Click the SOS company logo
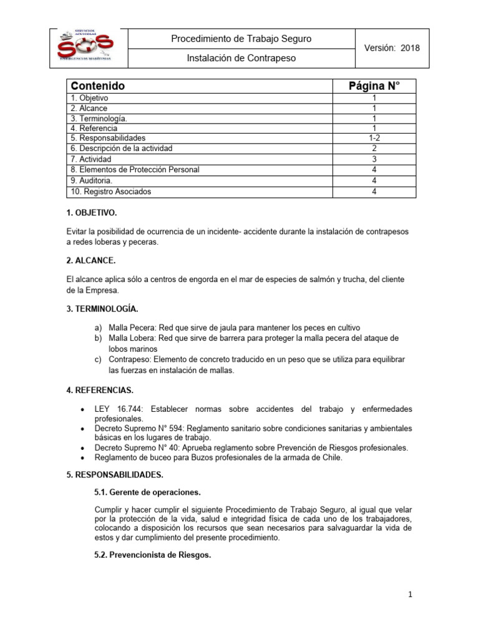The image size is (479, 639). click(85, 48)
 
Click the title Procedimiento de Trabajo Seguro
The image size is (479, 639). click(241, 39)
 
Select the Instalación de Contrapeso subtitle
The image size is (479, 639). click(241, 59)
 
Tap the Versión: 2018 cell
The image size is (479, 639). click(391, 48)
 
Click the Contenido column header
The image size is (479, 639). click(98, 86)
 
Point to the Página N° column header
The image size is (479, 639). click(374, 86)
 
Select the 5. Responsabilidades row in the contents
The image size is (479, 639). click(108, 138)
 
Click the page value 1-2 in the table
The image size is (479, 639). click(374, 138)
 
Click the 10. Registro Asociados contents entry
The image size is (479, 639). click(111, 192)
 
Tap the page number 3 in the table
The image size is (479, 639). click(374, 159)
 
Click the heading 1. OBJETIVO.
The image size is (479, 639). click(91, 213)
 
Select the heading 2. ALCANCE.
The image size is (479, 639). click(89, 260)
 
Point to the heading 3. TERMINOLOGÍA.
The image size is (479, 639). click(102, 309)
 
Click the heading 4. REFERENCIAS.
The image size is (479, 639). click(100, 391)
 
